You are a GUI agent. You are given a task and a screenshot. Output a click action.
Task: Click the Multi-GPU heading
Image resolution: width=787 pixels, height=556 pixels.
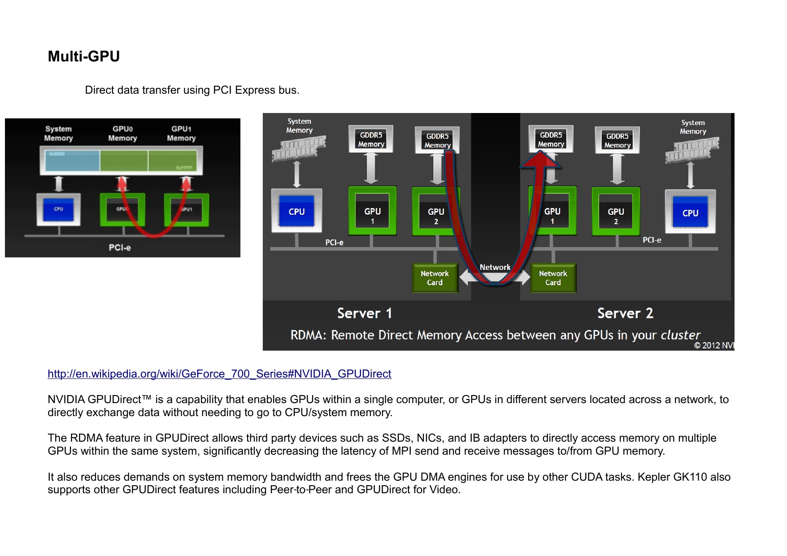tap(84, 56)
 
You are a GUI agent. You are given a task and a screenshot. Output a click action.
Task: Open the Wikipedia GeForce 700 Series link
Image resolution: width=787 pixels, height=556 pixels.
tap(219, 374)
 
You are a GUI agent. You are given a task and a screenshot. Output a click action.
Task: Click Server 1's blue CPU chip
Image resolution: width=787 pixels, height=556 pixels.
tap(296, 211)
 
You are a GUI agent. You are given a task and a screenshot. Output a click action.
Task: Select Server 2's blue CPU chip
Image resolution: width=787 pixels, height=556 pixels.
tap(690, 213)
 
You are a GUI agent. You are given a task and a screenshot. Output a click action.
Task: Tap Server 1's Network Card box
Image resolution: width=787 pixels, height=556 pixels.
tap(435, 278)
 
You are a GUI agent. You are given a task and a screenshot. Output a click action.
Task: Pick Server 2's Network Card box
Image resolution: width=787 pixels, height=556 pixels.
tap(553, 278)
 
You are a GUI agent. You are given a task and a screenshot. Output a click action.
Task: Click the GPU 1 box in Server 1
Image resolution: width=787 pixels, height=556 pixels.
tap(372, 211)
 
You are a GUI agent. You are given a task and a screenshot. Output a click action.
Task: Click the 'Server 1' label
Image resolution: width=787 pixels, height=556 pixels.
tap(365, 313)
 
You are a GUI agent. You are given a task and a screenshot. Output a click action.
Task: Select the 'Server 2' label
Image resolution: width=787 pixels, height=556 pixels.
tap(625, 313)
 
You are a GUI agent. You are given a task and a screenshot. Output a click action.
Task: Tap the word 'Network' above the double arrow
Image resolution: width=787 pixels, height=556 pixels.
tap(495, 267)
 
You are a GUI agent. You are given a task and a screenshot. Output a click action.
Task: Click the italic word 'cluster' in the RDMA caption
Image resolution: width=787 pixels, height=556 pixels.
tap(680, 335)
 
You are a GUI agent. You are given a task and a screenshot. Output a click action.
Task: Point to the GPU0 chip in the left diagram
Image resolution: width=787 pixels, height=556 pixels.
tap(122, 209)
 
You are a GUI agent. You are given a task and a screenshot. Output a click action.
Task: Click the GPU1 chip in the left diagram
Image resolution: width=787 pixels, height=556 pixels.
tap(187, 209)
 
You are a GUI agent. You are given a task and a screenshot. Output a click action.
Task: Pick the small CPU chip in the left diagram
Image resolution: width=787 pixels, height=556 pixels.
tap(59, 209)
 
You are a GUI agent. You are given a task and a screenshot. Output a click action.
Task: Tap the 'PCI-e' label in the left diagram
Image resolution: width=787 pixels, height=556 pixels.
tap(120, 248)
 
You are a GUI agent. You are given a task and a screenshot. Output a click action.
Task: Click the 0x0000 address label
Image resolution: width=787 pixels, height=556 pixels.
tap(57, 154)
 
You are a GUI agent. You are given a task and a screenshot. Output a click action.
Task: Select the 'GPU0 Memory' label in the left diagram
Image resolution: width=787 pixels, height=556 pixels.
tap(122, 134)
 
